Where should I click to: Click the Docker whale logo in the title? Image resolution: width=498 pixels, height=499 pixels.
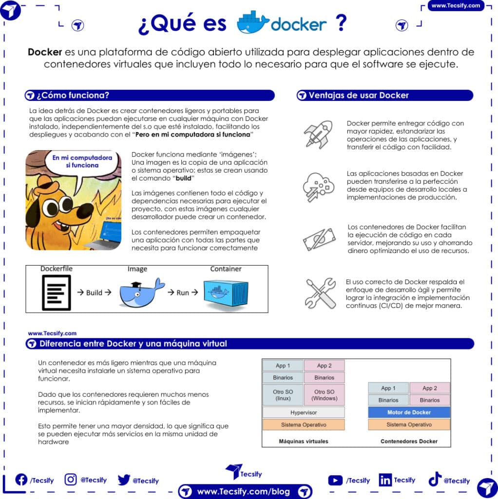(252, 23)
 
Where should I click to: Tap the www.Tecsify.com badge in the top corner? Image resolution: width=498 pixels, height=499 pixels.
(456, 6)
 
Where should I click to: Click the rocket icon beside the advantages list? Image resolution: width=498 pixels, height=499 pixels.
(318, 134)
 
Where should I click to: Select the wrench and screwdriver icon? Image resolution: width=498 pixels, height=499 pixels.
(320, 293)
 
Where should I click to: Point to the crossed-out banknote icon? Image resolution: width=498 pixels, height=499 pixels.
(319, 239)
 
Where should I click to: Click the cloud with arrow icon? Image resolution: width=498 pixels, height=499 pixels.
(318, 187)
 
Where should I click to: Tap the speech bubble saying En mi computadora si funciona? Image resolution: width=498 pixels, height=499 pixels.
(76, 162)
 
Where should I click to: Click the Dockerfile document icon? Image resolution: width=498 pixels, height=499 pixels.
(56, 293)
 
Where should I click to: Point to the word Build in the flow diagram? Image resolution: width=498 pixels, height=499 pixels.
(94, 292)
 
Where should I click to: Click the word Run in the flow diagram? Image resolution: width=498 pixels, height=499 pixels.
(183, 292)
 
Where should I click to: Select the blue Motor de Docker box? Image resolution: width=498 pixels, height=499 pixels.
(409, 412)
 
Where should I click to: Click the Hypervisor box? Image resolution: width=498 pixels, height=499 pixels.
(303, 412)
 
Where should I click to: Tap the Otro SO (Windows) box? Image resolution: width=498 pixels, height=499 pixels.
(324, 395)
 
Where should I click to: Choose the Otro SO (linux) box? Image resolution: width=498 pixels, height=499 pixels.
(283, 395)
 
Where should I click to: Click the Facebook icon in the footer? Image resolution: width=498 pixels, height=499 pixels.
(21, 480)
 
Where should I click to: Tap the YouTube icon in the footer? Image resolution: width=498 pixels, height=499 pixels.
(335, 480)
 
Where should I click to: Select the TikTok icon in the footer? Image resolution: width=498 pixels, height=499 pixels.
(435, 480)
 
